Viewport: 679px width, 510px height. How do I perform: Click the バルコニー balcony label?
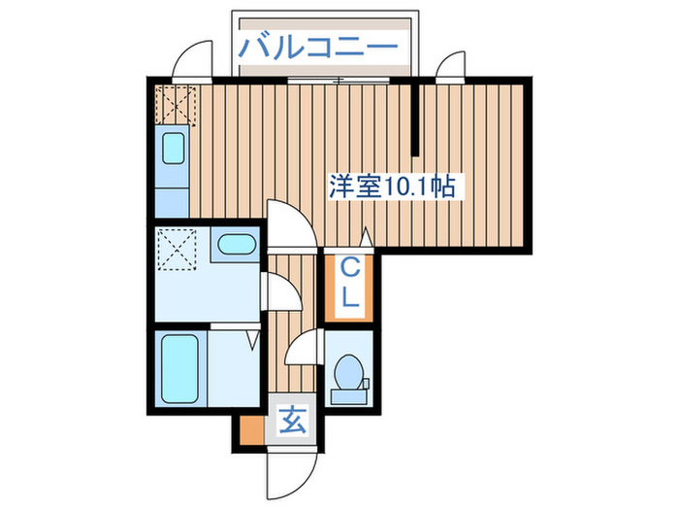pos(319,46)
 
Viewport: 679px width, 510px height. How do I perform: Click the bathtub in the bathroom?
pos(178,368)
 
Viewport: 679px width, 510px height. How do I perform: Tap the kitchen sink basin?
pos(173,149)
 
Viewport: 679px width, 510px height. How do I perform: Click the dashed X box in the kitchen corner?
pos(175,106)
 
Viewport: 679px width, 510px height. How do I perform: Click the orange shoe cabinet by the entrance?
pos(249,425)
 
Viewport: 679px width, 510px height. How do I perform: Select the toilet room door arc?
pos(305,345)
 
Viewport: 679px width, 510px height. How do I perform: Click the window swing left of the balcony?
pos(195,60)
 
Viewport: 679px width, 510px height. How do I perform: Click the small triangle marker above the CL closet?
pos(366,236)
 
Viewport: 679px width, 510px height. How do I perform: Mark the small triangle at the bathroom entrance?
pos(252,339)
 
